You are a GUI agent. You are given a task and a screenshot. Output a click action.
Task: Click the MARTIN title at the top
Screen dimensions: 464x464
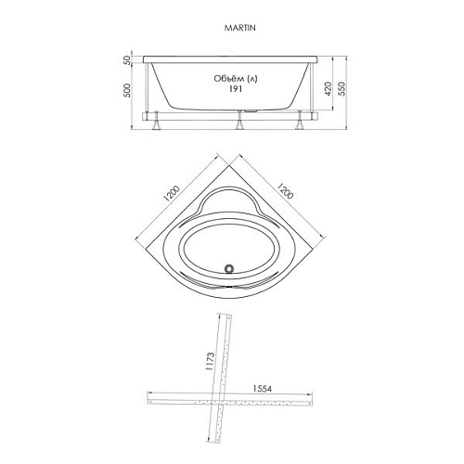(240, 28)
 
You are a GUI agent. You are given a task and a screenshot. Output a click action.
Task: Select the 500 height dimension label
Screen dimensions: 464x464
(127, 90)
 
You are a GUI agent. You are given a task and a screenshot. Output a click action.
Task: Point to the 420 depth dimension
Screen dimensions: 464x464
(329, 89)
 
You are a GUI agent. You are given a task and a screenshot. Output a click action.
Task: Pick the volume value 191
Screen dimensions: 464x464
(236, 89)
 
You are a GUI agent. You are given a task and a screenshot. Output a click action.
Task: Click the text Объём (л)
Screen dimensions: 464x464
(236, 79)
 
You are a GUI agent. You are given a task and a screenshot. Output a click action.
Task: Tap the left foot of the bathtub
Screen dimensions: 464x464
(157, 121)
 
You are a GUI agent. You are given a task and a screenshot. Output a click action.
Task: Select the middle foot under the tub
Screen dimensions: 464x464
(239, 121)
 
